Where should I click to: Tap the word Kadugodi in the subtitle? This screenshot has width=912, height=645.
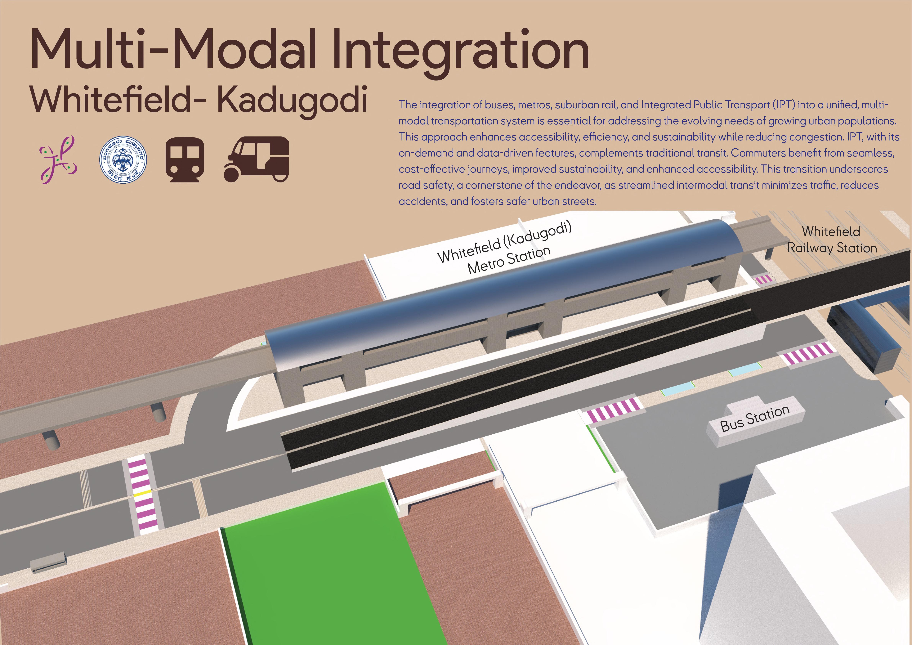point(292,99)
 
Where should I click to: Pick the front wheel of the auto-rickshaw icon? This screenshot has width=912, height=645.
point(232,174)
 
